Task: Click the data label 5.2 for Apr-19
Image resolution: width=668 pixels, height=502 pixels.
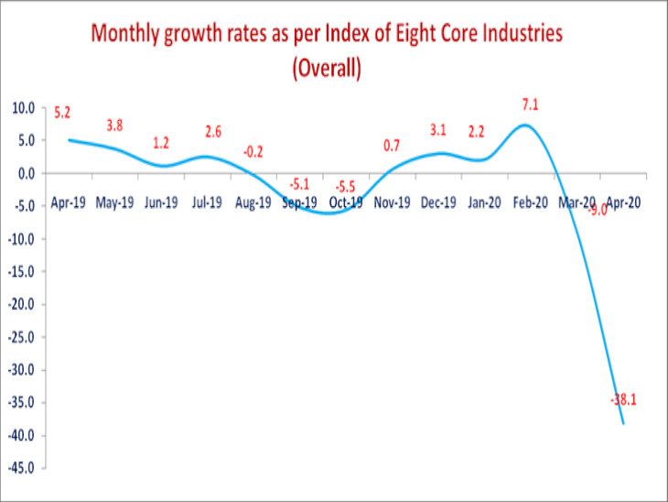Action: pyautogui.click(x=62, y=113)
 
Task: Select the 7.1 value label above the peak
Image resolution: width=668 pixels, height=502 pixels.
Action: pyautogui.click(x=530, y=105)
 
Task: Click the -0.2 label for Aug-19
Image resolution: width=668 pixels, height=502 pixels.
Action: pyautogui.click(x=253, y=151)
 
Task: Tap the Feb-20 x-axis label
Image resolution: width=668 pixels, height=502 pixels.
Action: pyautogui.click(x=530, y=204)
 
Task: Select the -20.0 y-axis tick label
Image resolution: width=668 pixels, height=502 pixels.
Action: pyautogui.click(x=22, y=304)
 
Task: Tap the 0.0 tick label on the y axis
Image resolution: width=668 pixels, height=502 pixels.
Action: pyautogui.click(x=26, y=173)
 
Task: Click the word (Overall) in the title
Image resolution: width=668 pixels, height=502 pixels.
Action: pyautogui.click(x=327, y=70)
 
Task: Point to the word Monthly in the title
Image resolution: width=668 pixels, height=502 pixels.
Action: pyautogui.click(x=124, y=36)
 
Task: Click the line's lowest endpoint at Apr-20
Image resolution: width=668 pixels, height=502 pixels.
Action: pyautogui.click(x=624, y=423)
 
